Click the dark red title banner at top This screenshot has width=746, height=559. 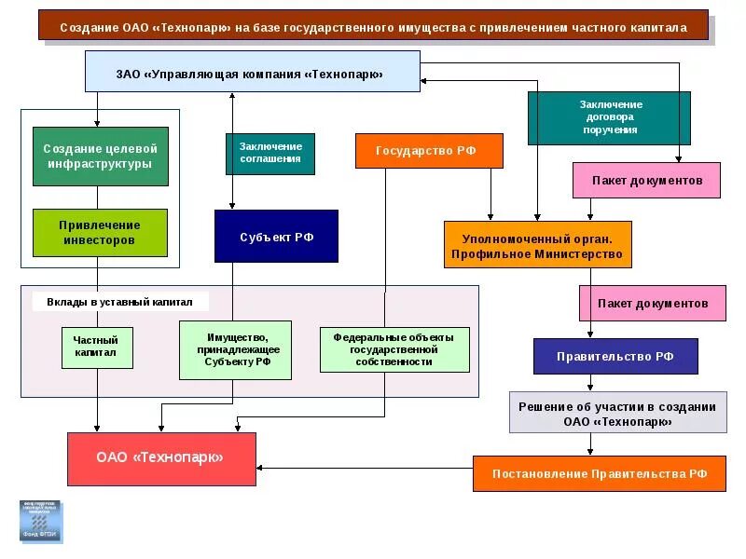pos(373,26)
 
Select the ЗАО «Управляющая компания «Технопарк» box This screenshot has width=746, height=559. pos(252,72)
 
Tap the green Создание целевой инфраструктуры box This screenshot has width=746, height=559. pos(101,157)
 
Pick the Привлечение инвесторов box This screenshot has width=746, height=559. pos(101,233)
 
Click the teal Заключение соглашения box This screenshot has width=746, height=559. pos(270,154)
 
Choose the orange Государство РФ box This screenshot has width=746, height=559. pos(429,151)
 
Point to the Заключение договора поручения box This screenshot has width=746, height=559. pos(609,118)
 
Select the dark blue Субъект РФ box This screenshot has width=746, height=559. pos(276,237)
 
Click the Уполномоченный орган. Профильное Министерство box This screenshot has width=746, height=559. pos(537,245)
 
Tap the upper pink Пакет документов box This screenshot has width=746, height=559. pos(646,180)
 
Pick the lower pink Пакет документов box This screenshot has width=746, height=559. pos(653,303)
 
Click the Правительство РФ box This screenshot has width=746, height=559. pos(615,356)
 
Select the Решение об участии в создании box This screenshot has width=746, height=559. pos(617,413)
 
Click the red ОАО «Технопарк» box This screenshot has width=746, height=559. pos(161,457)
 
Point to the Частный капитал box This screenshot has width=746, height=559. pos(97,348)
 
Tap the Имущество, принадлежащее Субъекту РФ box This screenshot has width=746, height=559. pos(235,349)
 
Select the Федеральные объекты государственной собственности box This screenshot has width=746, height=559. pos(394,349)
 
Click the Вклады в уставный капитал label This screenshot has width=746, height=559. pos(119,302)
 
